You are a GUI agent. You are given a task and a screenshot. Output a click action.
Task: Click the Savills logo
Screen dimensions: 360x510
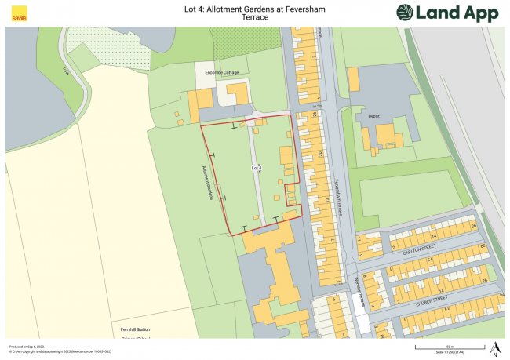click(x=17, y=13)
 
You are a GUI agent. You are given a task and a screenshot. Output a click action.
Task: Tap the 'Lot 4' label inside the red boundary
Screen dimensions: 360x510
click(x=256, y=168)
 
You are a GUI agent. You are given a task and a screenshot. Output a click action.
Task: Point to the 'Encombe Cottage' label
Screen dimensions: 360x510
click(x=220, y=71)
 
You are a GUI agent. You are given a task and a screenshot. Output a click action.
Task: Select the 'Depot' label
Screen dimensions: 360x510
click(x=373, y=116)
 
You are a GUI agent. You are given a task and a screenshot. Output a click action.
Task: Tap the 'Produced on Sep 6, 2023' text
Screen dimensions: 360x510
click(x=26, y=346)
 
